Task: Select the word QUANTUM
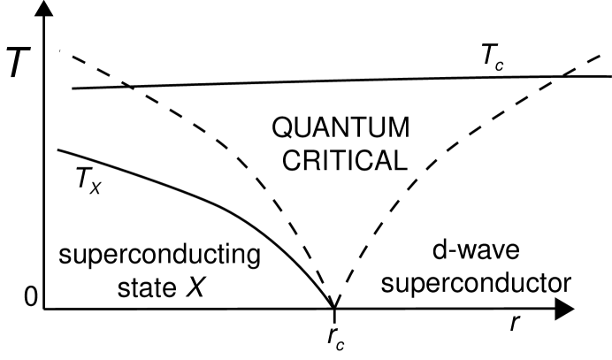341,129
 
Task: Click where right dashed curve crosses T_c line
562,76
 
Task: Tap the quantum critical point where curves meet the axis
333,303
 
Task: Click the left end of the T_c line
73,88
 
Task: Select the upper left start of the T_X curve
58,149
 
